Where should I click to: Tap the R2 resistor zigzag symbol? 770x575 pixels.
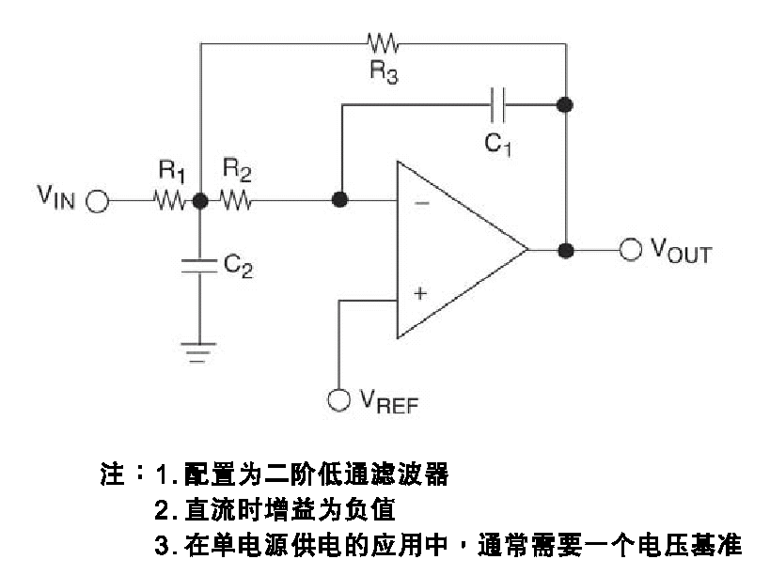[235, 201]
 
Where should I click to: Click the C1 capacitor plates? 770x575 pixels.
[499, 104]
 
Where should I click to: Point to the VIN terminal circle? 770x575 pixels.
[97, 201]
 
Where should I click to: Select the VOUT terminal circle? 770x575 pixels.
[630, 251]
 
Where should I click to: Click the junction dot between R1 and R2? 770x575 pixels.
[200, 201]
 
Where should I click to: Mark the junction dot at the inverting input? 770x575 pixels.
[340, 201]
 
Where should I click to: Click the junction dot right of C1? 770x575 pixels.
[565, 104]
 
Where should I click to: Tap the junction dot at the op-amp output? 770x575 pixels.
[565, 251]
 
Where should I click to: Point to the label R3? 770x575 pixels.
[383, 73]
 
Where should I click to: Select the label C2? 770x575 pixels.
[238, 267]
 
